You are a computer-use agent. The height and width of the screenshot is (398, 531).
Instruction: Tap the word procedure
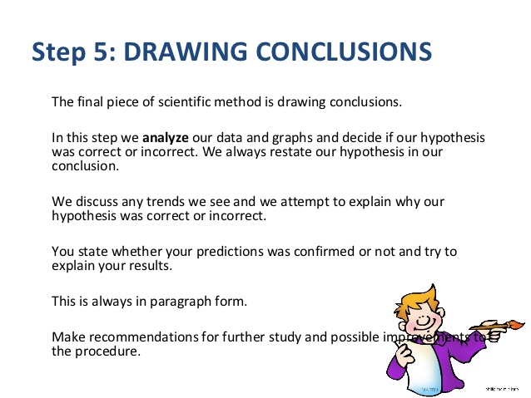[106, 351]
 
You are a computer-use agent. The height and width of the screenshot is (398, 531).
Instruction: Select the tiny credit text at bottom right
[503, 387]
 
